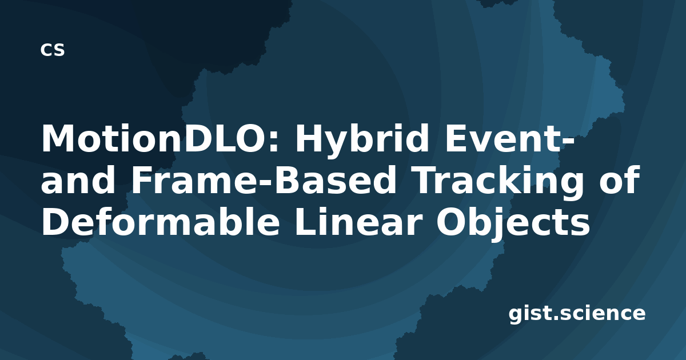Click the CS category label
click(53, 50)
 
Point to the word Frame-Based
click(264, 180)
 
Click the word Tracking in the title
click(500, 183)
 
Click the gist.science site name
click(577, 314)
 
